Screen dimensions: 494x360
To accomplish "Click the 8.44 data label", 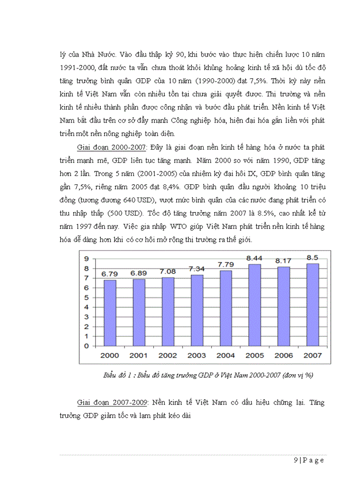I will point(255,259).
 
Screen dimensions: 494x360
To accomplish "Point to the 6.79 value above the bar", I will point(110,274).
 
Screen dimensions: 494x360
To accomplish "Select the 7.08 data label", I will point(168,272).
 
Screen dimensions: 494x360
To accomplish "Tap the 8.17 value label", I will point(283,261).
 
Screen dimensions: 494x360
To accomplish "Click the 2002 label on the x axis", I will point(168,355).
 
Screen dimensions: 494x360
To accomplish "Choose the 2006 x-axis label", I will point(283,355).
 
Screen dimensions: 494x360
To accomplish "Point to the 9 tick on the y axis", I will point(87,258).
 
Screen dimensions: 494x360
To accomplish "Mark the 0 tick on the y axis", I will point(87,346).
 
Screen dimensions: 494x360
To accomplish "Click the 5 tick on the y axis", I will point(87,297).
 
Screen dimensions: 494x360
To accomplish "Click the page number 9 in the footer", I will point(296,460).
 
